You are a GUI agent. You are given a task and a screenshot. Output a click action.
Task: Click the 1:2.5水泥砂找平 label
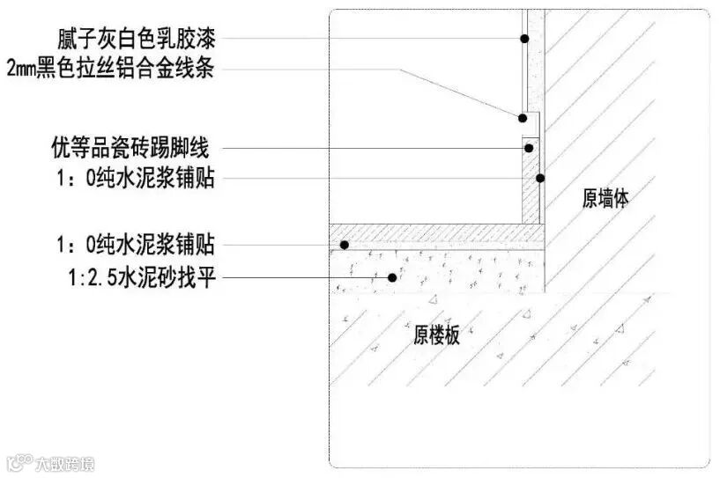[141, 279]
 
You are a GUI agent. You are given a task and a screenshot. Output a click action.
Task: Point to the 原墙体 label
[605, 200]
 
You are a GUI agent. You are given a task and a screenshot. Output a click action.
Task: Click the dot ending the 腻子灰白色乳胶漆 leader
[523, 39]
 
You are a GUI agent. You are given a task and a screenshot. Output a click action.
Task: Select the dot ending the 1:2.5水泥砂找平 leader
[391, 278]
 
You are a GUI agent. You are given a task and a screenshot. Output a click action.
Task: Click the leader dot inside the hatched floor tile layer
[346, 244]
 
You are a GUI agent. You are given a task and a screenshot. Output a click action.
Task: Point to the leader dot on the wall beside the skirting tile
[541, 179]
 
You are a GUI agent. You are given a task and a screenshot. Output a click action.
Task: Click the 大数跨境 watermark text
[64, 463]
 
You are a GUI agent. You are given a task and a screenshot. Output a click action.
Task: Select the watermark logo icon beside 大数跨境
[18, 463]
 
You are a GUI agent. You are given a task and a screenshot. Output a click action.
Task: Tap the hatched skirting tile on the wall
[529, 189]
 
